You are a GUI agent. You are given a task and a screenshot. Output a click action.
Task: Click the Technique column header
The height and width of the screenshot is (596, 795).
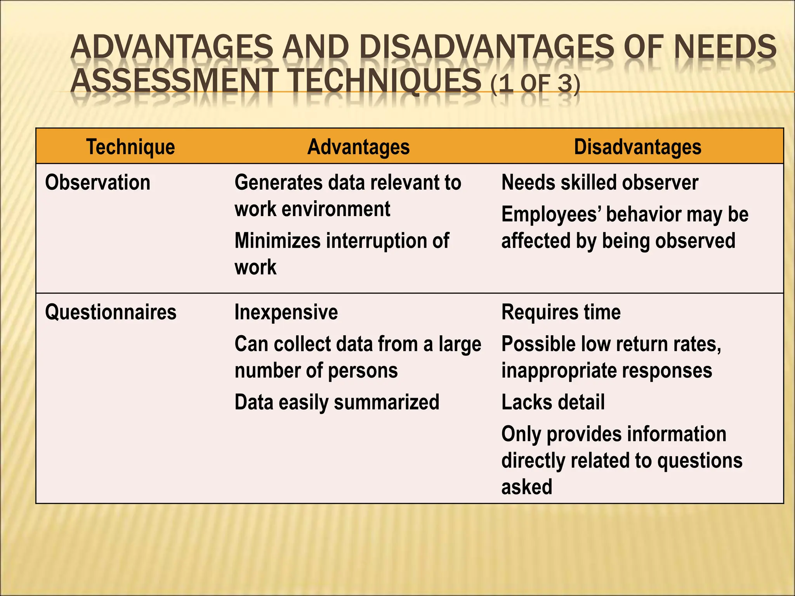click(x=130, y=147)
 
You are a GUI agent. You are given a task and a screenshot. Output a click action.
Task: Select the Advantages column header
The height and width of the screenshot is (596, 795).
click(x=358, y=147)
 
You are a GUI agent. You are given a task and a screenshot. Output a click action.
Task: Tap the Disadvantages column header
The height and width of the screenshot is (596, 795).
click(x=637, y=147)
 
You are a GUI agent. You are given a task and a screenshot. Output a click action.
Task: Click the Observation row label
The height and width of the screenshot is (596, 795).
click(x=97, y=182)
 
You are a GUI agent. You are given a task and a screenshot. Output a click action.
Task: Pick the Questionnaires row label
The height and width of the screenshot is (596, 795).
click(x=111, y=312)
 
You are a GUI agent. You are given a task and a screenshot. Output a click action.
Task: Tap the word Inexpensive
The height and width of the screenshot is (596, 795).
click(x=286, y=312)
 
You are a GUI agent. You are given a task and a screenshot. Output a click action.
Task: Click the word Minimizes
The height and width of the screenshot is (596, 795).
click(x=277, y=241)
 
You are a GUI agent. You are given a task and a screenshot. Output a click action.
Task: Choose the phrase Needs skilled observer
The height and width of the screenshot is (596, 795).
click(x=600, y=182)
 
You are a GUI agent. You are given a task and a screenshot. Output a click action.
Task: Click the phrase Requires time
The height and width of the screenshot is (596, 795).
click(x=561, y=312)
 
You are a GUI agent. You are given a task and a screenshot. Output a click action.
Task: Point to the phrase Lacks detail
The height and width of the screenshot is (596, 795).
click(x=553, y=402)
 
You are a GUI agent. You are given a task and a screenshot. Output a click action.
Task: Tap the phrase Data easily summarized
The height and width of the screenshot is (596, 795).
click(x=337, y=402)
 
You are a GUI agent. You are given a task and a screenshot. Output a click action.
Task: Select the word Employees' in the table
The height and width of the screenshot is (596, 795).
click(x=551, y=214)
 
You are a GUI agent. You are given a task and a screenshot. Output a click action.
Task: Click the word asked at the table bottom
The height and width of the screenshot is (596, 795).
click(x=526, y=487)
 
